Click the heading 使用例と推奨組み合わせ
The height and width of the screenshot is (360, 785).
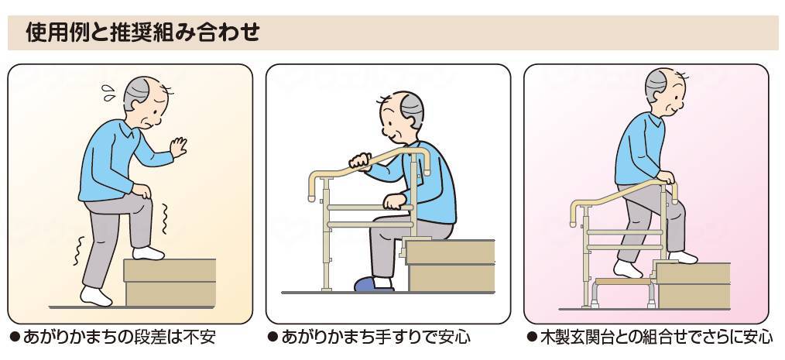pos(142,33)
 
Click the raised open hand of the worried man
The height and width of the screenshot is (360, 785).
pos(179,146)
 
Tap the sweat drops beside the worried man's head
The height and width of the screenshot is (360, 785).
pos(108,93)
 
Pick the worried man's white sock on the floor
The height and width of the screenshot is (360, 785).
pos(97,297)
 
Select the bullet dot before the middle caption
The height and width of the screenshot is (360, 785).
pos(273,338)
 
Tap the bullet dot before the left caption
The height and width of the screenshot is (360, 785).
pos(14,338)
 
